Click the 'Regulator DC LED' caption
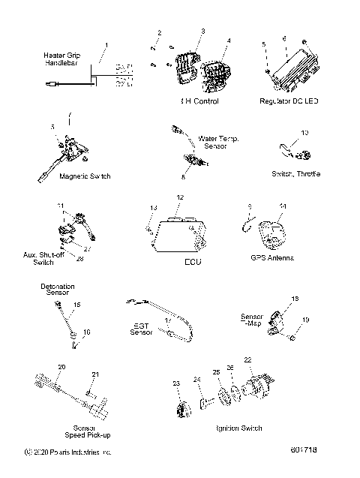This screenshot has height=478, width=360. coord(289,101)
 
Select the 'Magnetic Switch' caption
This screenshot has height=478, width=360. coord(85,176)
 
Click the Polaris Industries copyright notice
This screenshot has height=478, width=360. coord(67,453)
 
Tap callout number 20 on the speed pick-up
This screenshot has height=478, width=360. coord(61,366)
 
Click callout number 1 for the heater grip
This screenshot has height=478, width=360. coord(106,46)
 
